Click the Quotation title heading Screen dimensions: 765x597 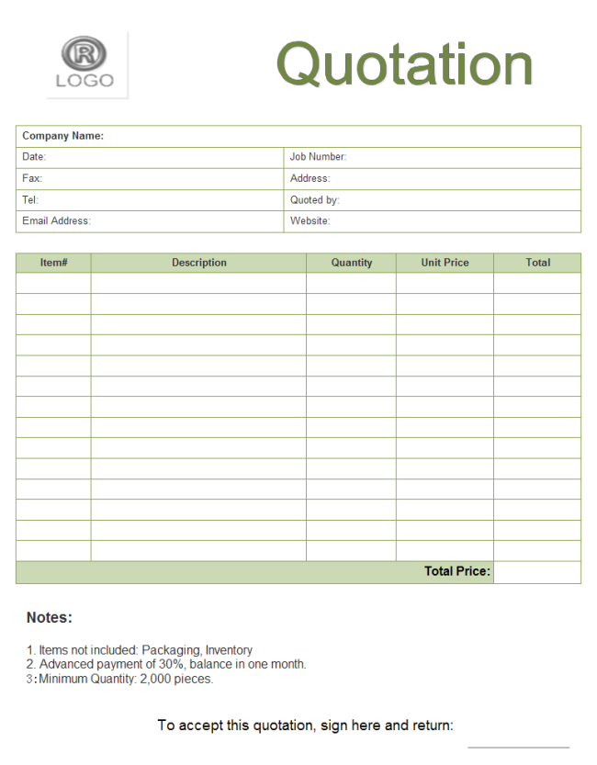pos(404,64)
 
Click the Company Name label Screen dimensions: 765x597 pos(62,136)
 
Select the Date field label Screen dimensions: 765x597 pos(34,157)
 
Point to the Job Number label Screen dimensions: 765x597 pos(318,157)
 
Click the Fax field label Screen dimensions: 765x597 pos(32,178)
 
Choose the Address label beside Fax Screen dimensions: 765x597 pos(310,178)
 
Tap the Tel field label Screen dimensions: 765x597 pos(30,199)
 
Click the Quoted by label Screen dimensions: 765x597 pos(314,199)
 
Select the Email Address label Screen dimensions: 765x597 pos(56,220)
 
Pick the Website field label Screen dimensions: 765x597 pos(310,220)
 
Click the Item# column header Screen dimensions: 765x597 pos(53,263)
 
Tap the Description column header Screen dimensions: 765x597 pos(198,263)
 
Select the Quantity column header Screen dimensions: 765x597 pos(352,263)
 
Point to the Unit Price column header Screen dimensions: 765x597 pos(445,263)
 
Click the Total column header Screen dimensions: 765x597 pos(538,263)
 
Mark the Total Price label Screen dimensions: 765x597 pos(457,571)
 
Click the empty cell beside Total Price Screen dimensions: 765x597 pos(537,572)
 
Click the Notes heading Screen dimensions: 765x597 pos(50,618)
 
